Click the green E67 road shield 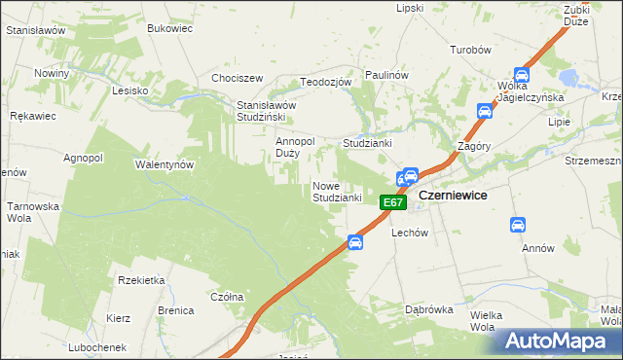[x=391, y=202]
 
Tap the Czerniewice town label [x=453, y=196]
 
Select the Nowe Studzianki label [x=337, y=192]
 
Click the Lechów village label [x=410, y=234]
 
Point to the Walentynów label [x=165, y=164]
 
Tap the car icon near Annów [x=518, y=226]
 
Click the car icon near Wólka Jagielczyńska [x=521, y=75]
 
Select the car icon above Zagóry [x=484, y=111]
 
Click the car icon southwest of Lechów [x=355, y=242]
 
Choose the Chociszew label [x=238, y=78]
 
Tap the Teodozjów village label [x=325, y=83]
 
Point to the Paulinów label [x=385, y=75]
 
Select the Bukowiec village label [x=169, y=28]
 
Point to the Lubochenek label [x=97, y=347]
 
